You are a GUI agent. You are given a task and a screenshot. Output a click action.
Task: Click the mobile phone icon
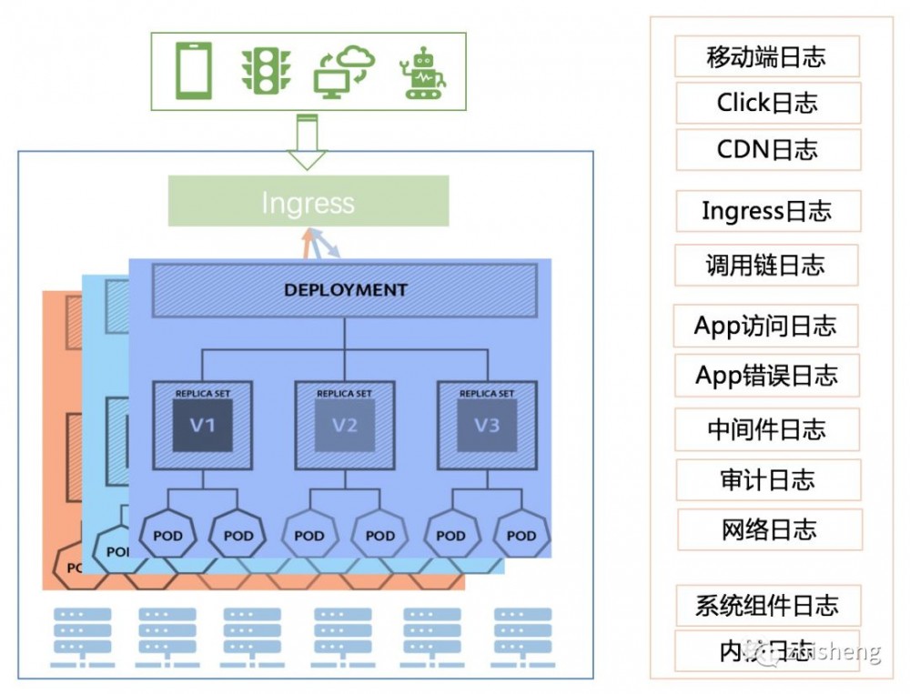click(193, 71)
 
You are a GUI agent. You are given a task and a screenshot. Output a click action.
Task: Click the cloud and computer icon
click(345, 71)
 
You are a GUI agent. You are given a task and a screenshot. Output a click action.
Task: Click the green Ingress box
click(308, 201)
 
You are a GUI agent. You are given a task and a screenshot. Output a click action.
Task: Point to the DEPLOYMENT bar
click(345, 291)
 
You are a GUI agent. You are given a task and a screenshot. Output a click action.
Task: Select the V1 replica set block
click(202, 425)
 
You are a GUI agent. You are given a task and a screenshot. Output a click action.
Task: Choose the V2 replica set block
click(345, 425)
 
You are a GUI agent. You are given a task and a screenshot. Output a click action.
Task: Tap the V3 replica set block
click(487, 425)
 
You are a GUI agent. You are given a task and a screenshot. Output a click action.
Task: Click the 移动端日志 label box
click(767, 56)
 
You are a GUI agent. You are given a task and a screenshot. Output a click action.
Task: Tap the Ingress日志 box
click(767, 211)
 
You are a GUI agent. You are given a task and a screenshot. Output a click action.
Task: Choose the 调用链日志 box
click(766, 265)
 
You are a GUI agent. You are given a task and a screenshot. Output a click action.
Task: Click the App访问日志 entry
click(765, 326)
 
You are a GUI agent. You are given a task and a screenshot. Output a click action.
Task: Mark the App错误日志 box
click(767, 375)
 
